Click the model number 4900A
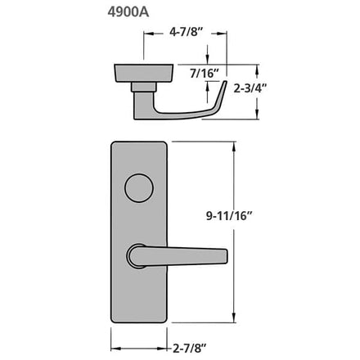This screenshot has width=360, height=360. pos(128,12)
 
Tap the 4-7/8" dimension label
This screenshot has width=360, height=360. pos(187,32)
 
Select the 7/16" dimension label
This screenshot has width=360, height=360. pos(205,74)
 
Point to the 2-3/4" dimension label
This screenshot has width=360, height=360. pos(250,88)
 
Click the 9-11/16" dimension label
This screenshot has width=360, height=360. pos(228,216)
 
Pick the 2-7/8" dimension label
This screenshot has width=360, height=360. pos(190,349)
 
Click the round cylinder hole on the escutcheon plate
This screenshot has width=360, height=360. pos(139,188)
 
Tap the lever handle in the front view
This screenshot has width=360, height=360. pos(178,256)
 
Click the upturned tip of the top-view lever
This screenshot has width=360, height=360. pos(225,83)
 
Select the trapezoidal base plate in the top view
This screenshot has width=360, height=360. pos(143,73)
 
